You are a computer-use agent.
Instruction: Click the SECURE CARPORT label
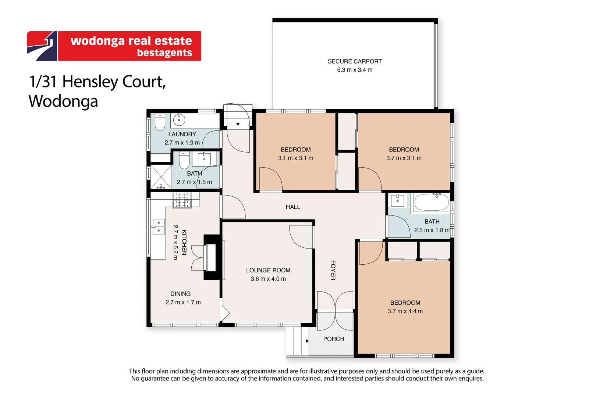point(355,61)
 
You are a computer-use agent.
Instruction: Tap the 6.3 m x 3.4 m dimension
point(355,70)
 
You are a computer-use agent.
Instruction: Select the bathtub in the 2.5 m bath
point(431,202)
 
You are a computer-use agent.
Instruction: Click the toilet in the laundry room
point(160,122)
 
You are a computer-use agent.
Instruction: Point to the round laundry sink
point(179,120)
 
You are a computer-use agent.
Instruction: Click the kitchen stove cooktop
point(182,200)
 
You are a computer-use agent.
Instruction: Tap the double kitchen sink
point(159,226)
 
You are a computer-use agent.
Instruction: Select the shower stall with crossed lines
point(161,177)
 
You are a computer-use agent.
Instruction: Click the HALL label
point(293,207)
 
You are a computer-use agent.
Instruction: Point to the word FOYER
point(333,270)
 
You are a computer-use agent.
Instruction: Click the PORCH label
point(334,339)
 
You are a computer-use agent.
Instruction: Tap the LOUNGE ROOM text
point(268,270)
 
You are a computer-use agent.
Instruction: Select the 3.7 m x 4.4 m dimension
point(405,311)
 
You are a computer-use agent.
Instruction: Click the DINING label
point(180,294)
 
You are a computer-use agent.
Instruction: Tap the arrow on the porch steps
point(307,341)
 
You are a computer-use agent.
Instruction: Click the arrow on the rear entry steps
point(238,124)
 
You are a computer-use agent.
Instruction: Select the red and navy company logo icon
point(42,46)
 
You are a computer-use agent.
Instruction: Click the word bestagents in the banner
point(164,53)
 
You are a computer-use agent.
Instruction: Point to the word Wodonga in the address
point(63,101)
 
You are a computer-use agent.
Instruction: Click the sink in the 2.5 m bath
point(397,201)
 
